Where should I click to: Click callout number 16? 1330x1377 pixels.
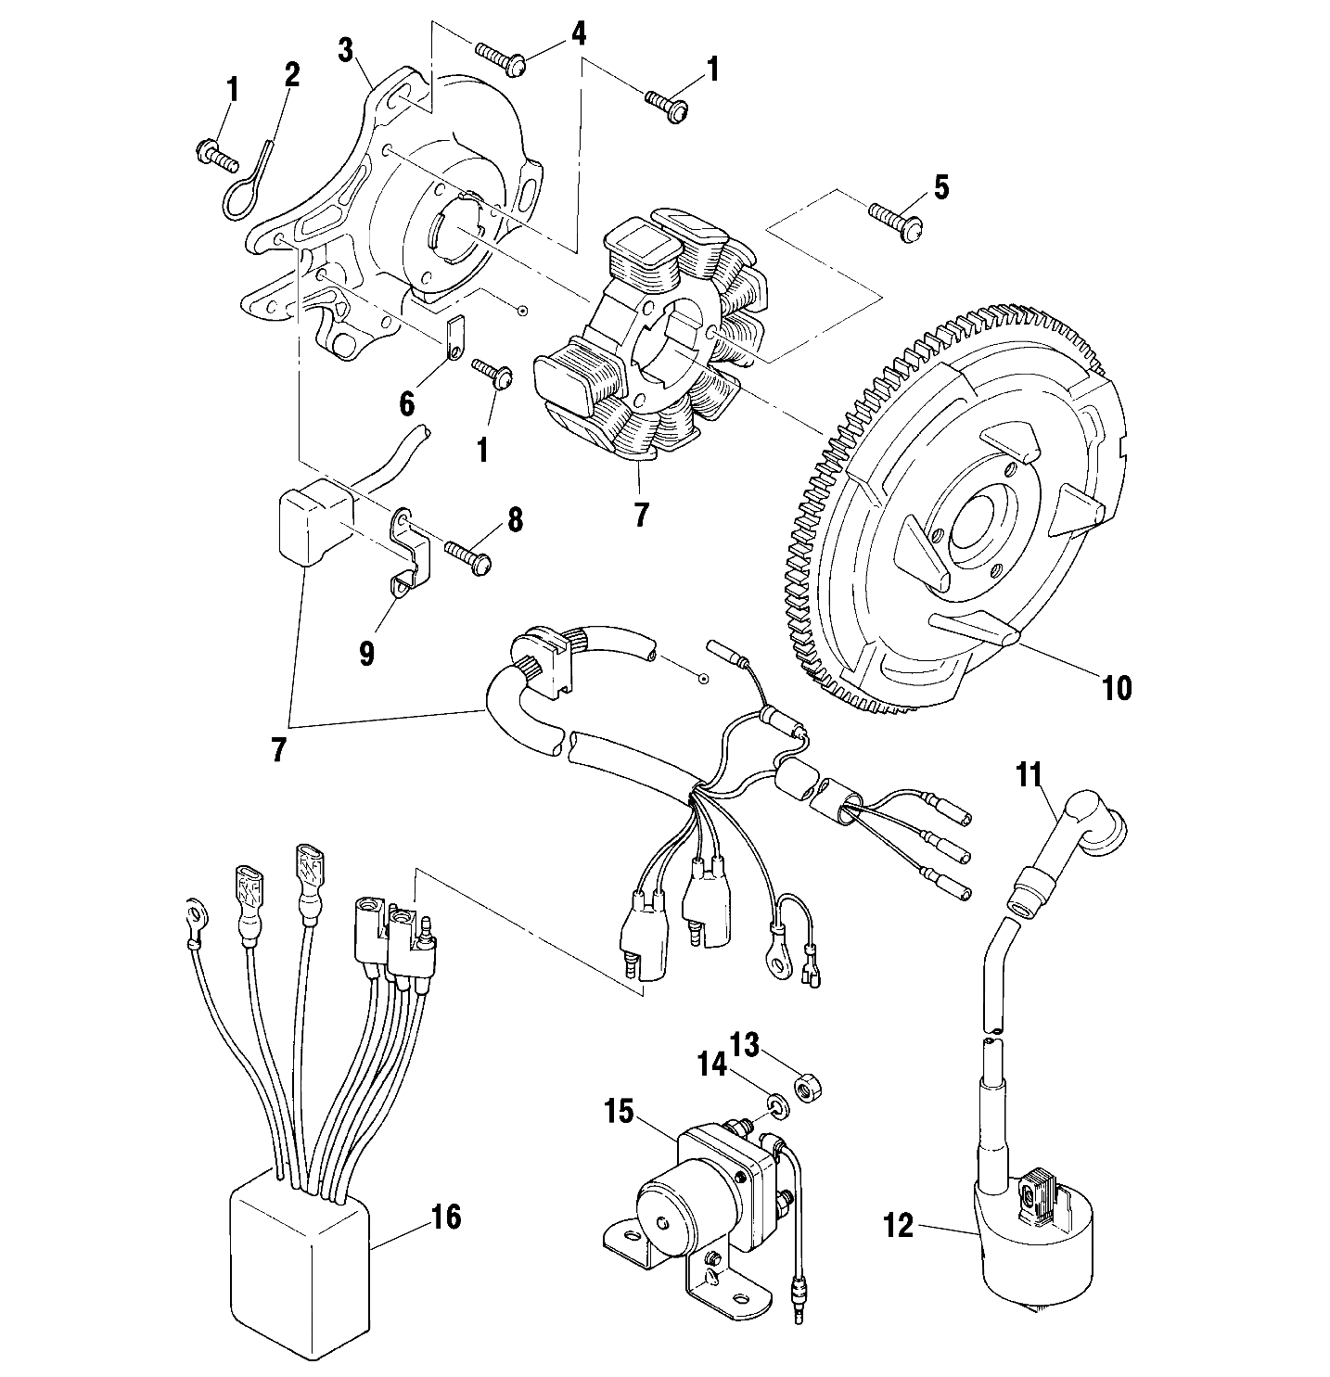(446, 1217)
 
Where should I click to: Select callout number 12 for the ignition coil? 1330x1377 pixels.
(900, 1226)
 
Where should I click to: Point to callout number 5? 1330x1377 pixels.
(941, 188)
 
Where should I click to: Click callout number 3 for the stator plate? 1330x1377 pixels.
(345, 50)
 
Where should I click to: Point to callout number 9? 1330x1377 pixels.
(367, 654)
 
